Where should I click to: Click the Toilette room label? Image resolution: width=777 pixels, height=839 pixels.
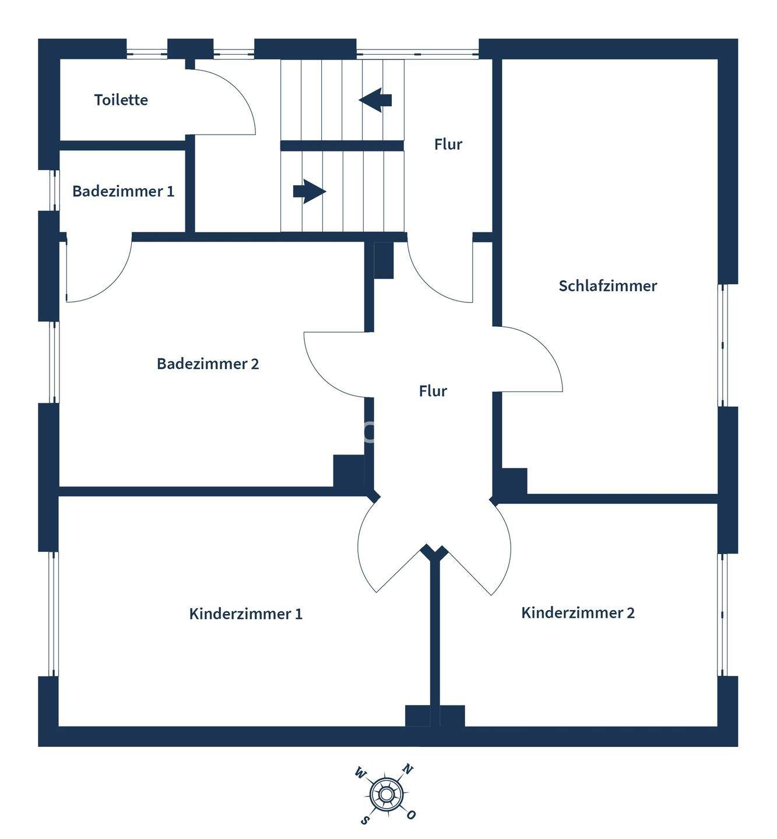click(x=121, y=100)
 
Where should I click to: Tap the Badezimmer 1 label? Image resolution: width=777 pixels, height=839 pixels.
click(x=123, y=191)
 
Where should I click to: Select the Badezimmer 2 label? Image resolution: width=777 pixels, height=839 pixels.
click(x=208, y=364)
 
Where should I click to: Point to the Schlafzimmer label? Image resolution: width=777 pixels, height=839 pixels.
click(x=607, y=285)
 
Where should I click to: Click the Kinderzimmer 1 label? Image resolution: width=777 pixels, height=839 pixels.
click(x=245, y=614)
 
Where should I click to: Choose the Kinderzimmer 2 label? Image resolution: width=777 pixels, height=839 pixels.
click(x=578, y=612)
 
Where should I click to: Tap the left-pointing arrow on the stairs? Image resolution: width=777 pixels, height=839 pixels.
click(x=375, y=100)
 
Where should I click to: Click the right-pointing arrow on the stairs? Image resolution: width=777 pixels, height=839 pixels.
click(x=309, y=191)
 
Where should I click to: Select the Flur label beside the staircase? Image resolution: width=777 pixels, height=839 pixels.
click(x=448, y=144)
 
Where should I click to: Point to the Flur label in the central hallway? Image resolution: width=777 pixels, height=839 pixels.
click(x=433, y=391)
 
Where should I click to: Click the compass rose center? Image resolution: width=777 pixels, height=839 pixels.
click(x=385, y=794)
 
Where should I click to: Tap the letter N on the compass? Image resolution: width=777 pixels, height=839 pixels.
click(x=408, y=770)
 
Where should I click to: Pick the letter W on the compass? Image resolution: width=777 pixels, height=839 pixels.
click(x=360, y=774)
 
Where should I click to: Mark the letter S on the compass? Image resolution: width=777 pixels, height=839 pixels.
click(x=364, y=820)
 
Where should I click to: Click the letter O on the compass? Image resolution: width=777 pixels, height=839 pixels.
click(x=411, y=815)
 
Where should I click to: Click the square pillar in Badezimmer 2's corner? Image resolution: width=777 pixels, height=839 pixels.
click(x=349, y=471)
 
